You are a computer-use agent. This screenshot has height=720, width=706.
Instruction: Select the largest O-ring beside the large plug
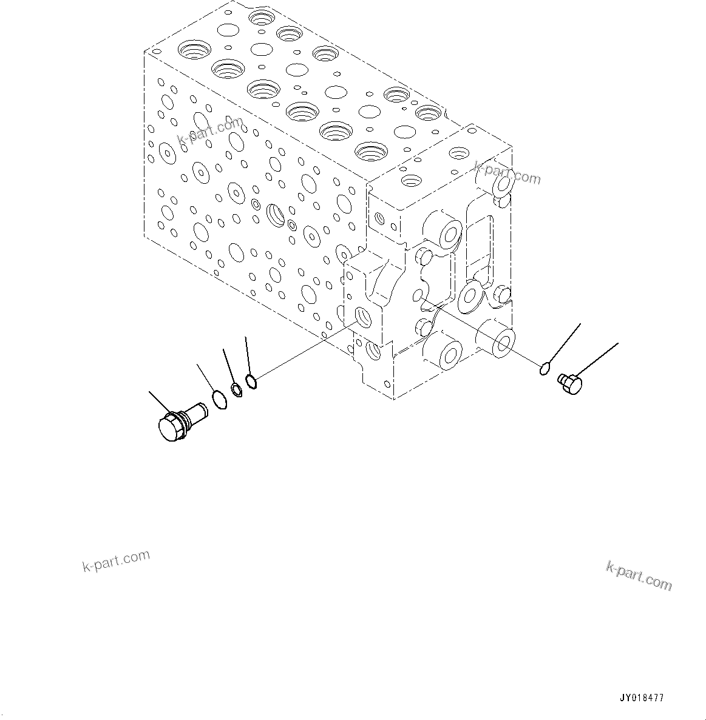[219, 399]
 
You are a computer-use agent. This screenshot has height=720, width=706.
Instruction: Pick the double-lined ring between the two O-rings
[237, 389]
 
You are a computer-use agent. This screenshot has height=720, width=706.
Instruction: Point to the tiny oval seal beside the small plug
[545, 367]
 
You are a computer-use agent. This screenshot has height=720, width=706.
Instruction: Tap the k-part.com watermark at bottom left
[115, 561]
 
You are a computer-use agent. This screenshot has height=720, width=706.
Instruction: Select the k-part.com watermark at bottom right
[639, 574]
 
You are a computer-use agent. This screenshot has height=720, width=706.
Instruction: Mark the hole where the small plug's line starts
[417, 295]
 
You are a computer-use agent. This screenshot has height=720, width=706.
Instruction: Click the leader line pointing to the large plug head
[160, 403]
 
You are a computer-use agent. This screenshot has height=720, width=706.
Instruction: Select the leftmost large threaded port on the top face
[194, 50]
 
